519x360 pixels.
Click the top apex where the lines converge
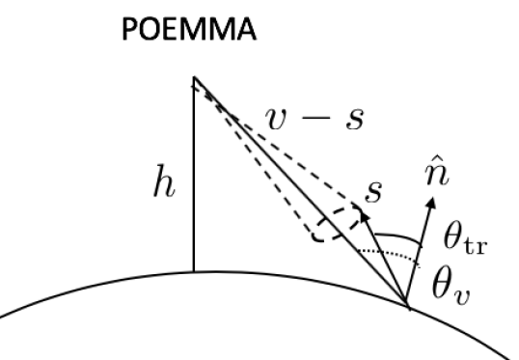click(x=194, y=78)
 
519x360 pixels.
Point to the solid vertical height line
click(x=194, y=174)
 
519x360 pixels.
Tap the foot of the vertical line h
click(x=194, y=272)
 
